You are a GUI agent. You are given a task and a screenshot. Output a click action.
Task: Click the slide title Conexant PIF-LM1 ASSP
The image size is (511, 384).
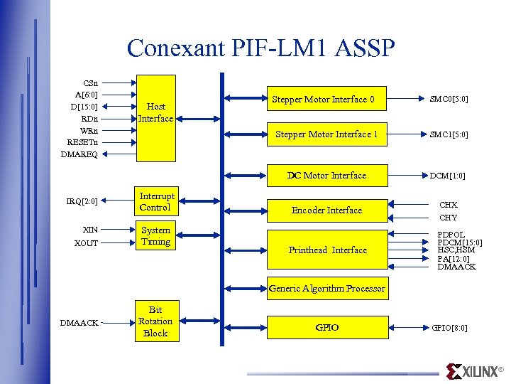[x=260, y=48]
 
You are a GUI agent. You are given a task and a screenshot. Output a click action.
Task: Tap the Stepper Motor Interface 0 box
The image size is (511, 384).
[x=326, y=100]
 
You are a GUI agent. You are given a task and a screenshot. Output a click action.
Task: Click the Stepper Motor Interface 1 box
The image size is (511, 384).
[x=326, y=134]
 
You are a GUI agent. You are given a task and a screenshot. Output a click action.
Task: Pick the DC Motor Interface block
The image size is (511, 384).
[x=326, y=176]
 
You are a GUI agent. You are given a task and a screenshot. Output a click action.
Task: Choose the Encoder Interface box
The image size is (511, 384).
[x=326, y=210]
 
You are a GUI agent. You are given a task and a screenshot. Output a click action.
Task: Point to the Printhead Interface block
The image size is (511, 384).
[x=327, y=250]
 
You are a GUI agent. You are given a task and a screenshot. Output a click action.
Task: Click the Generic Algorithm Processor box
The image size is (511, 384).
[x=326, y=288]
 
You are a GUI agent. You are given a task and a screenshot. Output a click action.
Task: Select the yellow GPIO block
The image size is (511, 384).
[x=326, y=328]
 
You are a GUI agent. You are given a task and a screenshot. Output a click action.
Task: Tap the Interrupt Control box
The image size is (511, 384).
[x=156, y=202]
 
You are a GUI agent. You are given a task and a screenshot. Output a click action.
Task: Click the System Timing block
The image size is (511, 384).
[x=155, y=236]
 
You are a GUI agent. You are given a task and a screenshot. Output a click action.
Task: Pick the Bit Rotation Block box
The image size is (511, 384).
[x=155, y=321]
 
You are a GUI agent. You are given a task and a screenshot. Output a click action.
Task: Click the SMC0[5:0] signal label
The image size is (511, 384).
[x=449, y=100]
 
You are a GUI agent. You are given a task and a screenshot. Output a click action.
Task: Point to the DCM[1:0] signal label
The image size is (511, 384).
[x=448, y=176]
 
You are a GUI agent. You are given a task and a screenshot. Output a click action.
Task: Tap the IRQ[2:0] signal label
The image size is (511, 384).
[x=82, y=202]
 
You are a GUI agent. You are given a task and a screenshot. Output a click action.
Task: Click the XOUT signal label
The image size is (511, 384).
[x=87, y=243]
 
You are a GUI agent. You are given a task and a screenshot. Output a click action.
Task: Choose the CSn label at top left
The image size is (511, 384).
[x=91, y=82]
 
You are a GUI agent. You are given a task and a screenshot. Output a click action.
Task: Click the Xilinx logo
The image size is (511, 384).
[x=474, y=371]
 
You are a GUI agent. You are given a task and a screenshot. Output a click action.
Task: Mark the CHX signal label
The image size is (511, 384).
[x=449, y=205]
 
